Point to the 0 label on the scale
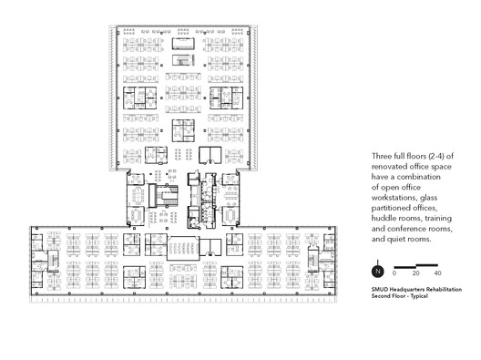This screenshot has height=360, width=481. click(394, 273)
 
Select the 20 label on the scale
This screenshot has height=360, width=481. click(415, 273)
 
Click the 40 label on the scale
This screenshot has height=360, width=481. click(437, 273)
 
